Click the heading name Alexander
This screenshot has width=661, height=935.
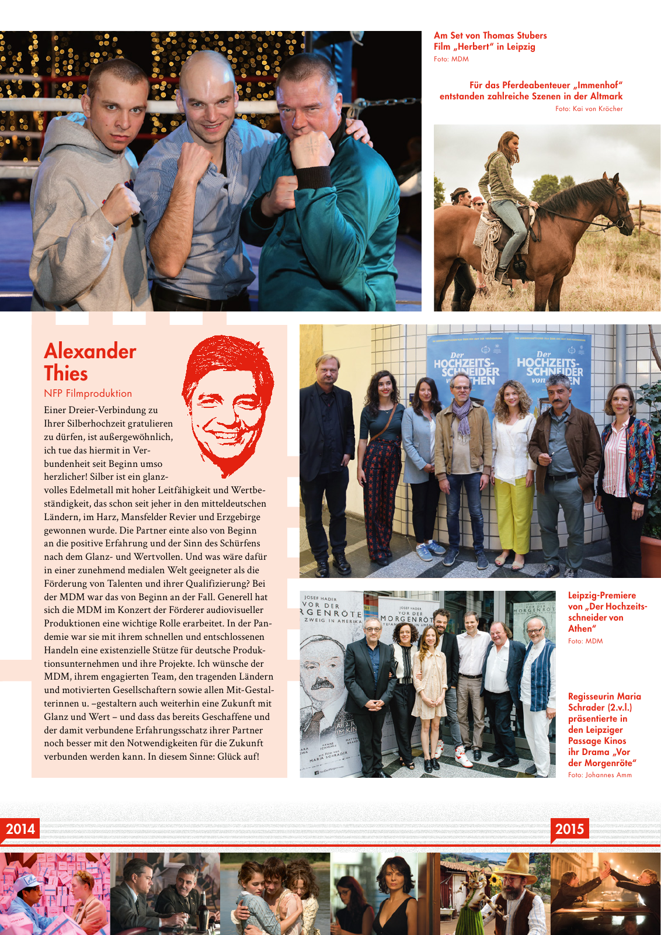90,351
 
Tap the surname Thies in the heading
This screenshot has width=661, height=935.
66,374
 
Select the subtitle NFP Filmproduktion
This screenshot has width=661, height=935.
88,393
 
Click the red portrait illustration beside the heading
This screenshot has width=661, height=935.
228,403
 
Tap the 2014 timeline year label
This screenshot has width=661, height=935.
20,829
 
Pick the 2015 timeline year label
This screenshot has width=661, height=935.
569,829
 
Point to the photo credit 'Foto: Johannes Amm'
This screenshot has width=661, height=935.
600,775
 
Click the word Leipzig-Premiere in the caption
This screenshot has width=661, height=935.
602,595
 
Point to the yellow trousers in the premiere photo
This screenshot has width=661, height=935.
514,514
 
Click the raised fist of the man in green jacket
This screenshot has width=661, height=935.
310,150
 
